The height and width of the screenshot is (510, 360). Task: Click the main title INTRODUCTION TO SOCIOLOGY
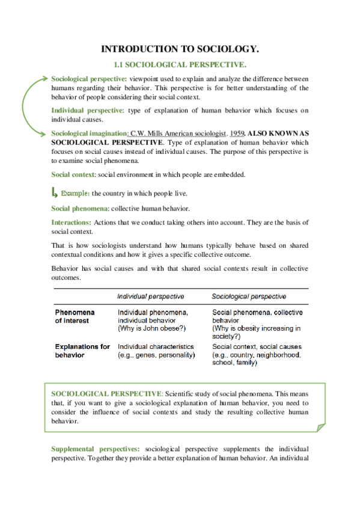coord(180,49)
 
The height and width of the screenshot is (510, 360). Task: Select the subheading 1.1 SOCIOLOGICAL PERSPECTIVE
coord(180,64)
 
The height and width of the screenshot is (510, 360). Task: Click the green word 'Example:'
coord(75,194)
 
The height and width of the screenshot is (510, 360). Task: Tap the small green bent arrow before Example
coord(55,192)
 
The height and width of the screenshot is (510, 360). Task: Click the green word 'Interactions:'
coord(72,223)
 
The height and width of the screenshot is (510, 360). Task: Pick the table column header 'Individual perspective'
coord(150,296)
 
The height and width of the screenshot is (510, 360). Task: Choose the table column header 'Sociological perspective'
coord(249,296)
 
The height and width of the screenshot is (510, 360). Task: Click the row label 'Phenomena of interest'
coord(76,316)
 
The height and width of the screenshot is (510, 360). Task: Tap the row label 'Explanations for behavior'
coord(82,351)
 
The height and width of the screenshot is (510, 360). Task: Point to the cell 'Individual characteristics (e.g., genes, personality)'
coord(156,351)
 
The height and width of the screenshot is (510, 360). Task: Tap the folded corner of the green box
coord(320,426)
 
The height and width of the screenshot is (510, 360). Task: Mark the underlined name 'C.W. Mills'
coord(146,132)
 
